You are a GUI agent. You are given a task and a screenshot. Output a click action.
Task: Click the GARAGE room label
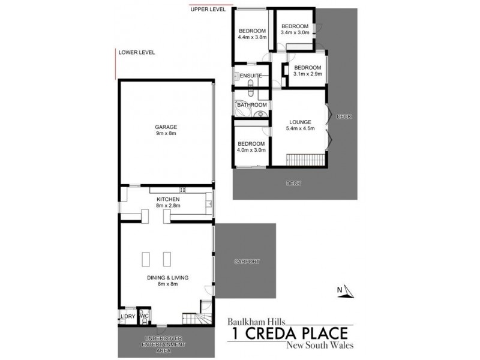[x=164, y=127]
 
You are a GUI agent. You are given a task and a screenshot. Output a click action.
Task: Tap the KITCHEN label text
[x=168, y=199]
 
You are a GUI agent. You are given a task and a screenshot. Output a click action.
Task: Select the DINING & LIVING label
[x=168, y=278]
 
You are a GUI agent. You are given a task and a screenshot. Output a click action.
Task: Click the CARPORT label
[x=247, y=262]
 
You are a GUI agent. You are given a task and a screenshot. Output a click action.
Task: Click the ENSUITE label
[x=251, y=76]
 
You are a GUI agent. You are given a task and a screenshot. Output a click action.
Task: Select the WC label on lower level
[x=144, y=316]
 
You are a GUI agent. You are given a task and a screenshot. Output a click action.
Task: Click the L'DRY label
[x=127, y=316]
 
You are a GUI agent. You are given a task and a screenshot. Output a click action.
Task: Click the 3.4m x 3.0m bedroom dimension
[x=295, y=32]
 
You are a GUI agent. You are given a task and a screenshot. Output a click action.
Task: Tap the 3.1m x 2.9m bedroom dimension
[x=308, y=74]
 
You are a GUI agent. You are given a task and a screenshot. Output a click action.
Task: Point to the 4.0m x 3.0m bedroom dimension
[x=251, y=151]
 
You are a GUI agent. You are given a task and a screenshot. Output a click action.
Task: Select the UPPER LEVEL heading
[x=207, y=10]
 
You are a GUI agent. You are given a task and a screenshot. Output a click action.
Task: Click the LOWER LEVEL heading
[x=137, y=52]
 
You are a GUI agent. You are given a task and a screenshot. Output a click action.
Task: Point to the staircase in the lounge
[x=305, y=160]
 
